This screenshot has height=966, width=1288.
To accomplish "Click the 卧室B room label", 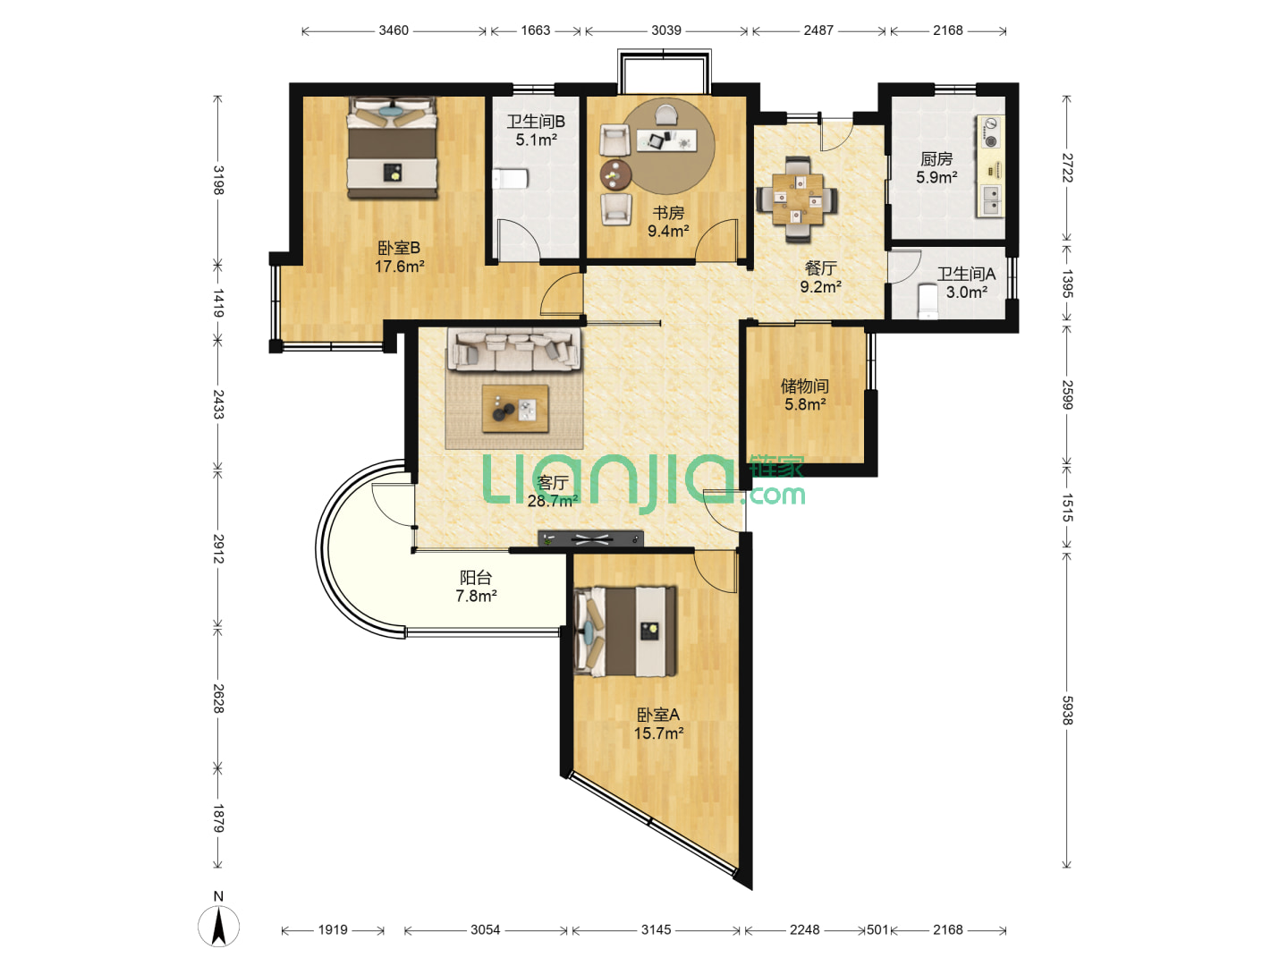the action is (x=398, y=248).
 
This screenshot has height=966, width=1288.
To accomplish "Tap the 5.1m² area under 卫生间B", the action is (x=536, y=140).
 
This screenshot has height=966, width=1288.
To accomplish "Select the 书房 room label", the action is (x=668, y=213).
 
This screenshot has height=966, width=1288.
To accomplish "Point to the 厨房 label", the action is (x=936, y=159).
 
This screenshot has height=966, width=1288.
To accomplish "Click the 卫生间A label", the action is (x=966, y=274).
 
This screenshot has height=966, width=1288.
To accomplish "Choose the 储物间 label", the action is (x=804, y=386).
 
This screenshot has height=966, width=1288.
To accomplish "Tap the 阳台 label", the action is (x=475, y=578).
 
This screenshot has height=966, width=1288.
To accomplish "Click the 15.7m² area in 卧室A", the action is (x=658, y=733).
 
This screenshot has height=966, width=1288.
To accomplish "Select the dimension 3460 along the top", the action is (x=394, y=30).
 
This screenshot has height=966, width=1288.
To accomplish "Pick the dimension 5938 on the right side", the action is (x=1067, y=710).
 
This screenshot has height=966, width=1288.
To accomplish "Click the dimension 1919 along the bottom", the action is (x=333, y=929).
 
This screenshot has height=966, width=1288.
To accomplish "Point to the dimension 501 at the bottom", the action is (x=877, y=929).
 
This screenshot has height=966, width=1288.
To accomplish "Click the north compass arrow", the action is (x=218, y=926).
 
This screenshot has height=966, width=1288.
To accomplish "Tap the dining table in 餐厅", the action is (x=797, y=199).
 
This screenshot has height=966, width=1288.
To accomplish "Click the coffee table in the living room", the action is (x=515, y=408).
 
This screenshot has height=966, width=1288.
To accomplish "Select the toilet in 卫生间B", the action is (x=510, y=179).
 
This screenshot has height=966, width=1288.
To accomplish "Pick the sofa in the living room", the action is (x=514, y=350).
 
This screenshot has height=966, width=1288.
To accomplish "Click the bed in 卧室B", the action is (x=392, y=148).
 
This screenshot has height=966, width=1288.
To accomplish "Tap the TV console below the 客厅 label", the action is (x=590, y=539).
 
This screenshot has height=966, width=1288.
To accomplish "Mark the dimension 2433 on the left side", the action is (x=218, y=404).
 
